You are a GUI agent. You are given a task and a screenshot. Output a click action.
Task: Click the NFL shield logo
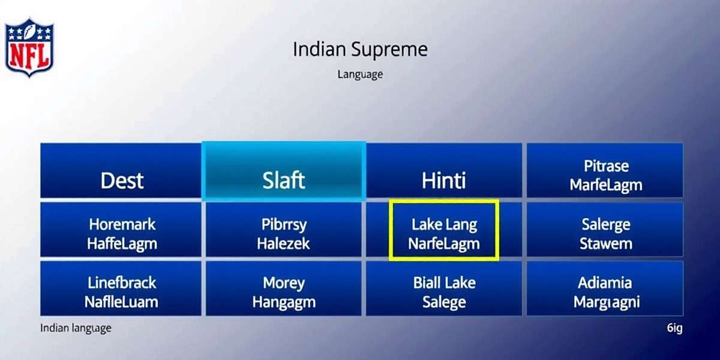click(x=29, y=47)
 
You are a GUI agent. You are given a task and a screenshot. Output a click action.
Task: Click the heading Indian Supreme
click(x=360, y=49)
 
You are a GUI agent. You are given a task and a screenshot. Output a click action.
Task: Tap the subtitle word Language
click(x=360, y=74)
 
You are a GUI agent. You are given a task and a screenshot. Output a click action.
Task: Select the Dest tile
click(x=121, y=170)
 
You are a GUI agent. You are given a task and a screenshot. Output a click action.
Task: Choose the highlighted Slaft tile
click(x=283, y=171)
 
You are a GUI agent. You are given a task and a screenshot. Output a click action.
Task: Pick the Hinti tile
click(x=444, y=170)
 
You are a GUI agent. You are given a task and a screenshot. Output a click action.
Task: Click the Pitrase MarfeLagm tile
click(x=605, y=170)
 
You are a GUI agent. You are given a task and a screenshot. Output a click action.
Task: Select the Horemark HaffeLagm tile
click(x=121, y=229)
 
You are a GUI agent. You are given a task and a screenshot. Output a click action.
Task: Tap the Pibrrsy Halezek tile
click(x=283, y=229)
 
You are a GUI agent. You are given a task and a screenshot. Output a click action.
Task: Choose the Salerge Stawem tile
click(x=605, y=229)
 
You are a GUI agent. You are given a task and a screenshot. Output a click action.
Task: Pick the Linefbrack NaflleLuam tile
click(x=121, y=289)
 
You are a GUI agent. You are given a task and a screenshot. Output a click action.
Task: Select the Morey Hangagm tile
click(x=283, y=289)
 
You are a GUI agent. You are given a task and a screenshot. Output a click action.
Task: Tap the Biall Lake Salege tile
click(x=444, y=289)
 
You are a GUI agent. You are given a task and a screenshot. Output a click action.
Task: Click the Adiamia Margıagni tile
click(x=605, y=289)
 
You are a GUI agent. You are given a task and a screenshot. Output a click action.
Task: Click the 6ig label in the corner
click(x=674, y=328)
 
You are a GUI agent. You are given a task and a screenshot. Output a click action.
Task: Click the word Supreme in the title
click(x=389, y=50)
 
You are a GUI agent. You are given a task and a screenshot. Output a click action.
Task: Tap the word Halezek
click(x=283, y=244)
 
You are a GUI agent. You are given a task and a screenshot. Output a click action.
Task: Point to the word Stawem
click(x=606, y=244)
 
